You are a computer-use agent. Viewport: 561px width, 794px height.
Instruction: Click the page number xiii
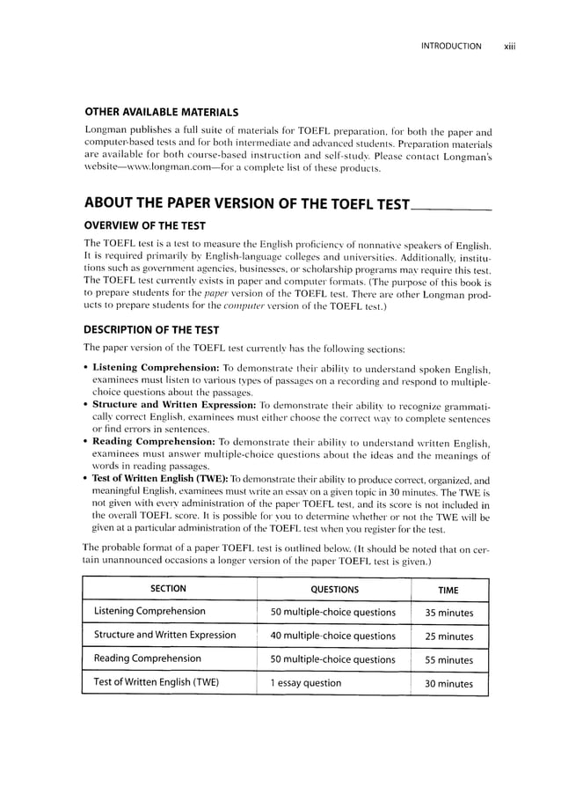(508, 45)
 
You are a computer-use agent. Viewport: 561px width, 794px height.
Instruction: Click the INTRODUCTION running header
(451, 45)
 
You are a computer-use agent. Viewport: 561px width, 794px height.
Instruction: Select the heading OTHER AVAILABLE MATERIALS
(160, 113)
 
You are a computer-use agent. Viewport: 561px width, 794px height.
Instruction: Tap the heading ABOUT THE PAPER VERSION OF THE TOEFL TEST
(246, 205)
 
